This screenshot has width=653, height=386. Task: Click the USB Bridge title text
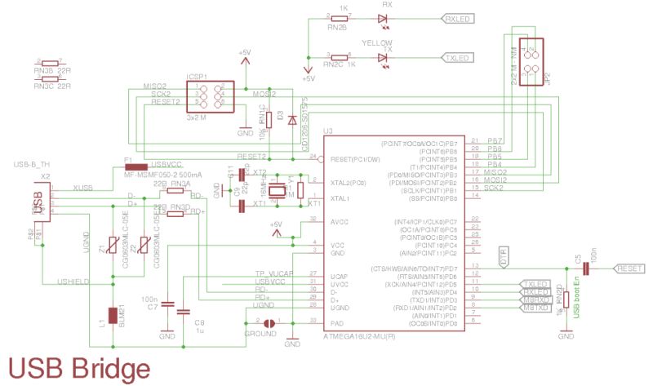[x=79, y=366]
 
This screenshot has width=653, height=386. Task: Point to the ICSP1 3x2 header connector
[x=209, y=97]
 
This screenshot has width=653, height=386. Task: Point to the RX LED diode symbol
[x=384, y=16]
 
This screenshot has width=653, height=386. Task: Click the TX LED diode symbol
[x=384, y=58]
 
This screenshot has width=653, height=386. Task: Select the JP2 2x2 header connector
[x=531, y=60]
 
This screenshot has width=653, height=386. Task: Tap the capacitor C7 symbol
[x=167, y=304]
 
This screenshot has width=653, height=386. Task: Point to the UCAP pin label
[x=336, y=274]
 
